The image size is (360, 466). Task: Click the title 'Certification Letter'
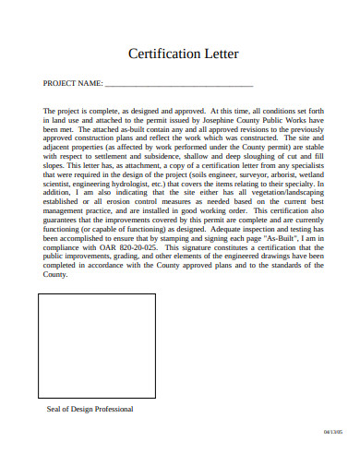(179, 54)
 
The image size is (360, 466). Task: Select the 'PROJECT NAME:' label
(73, 83)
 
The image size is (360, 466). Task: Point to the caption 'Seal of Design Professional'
(90, 409)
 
